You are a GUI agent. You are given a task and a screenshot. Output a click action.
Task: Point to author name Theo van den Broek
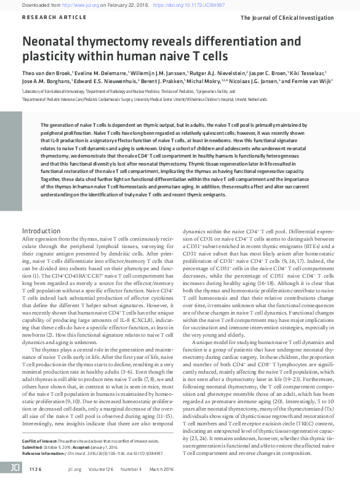pos(48,72)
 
